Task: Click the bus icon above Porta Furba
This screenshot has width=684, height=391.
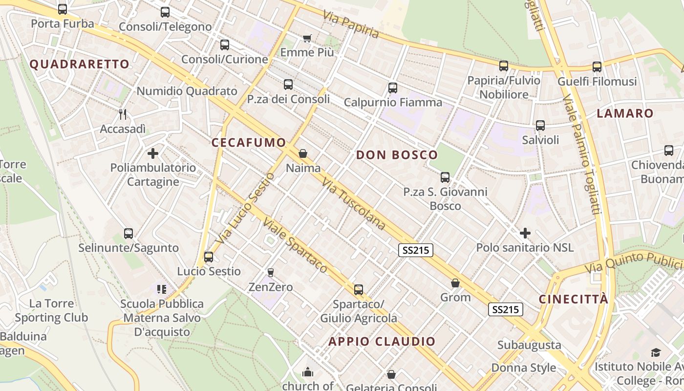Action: (x=63, y=9)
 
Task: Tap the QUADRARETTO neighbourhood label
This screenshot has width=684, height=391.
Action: (x=80, y=64)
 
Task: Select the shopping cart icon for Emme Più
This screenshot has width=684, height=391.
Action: (x=307, y=38)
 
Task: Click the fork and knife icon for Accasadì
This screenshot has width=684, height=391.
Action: (x=123, y=114)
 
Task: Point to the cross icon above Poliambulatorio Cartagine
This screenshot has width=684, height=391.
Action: (x=153, y=153)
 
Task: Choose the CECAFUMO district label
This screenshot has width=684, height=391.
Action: (x=249, y=143)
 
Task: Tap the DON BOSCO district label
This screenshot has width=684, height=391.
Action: (x=397, y=155)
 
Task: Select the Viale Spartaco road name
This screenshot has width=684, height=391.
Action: (x=295, y=245)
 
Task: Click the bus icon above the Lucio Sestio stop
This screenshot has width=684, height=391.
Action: (x=209, y=257)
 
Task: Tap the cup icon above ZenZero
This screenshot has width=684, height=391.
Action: (x=270, y=272)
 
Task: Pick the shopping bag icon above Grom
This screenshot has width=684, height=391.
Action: (x=455, y=283)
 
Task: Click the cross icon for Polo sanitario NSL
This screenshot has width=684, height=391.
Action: (x=525, y=233)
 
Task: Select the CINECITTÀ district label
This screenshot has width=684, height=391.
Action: (x=574, y=299)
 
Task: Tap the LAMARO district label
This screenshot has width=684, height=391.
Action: (x=625, y=113)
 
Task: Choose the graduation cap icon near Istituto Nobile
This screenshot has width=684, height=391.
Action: (x=656, y=352)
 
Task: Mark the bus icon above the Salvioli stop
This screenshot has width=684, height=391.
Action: (x=540, y=126)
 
